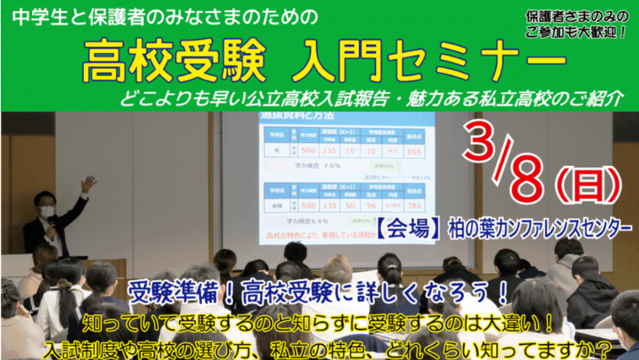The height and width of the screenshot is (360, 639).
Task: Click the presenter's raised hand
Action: [87, 183]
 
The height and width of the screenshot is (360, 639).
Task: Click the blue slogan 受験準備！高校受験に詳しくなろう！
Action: [319, 294]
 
